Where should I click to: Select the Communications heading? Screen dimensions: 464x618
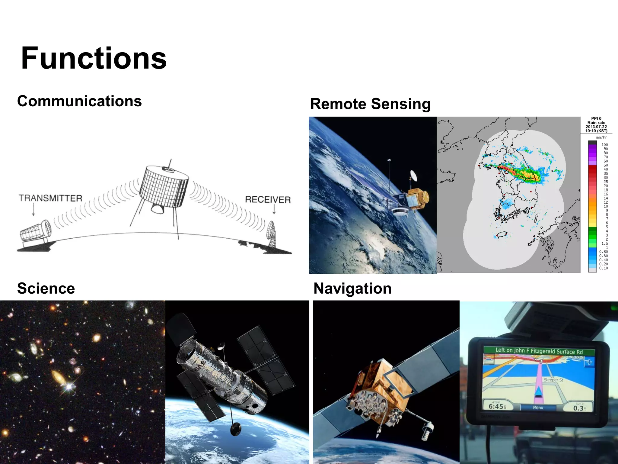point(79,101)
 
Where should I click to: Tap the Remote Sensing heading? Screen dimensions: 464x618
point(370,104)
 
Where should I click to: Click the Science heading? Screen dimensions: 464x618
point(46,288)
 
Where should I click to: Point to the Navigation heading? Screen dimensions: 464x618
point(352,288)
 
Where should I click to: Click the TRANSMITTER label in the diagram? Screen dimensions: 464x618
point(50,198)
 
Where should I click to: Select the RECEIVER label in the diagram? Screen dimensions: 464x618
point(268,199)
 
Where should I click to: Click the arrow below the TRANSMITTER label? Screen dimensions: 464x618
point(33,209)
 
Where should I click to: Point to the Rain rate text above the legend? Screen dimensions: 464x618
point(596,123)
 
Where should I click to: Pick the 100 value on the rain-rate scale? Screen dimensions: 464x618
point(604,145)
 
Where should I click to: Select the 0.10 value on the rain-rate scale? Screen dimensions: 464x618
point(604,268)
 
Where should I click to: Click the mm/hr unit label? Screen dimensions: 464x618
point(601,137)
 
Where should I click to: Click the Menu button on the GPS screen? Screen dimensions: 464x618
point(538,408)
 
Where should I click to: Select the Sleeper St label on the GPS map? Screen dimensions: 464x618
point(553,380)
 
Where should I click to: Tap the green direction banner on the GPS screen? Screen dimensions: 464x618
point(539,351)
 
